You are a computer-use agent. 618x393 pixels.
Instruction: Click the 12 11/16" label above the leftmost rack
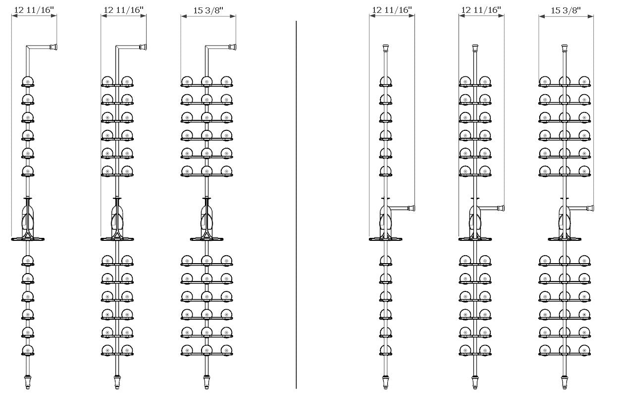pos(34,10)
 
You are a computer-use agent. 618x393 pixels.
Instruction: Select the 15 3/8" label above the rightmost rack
pos(566,10)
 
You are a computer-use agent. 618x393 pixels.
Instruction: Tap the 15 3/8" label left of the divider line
pos(208,10)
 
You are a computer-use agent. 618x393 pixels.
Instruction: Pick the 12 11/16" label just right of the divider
pos(392,10)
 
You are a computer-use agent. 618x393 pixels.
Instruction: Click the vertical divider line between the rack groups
pos(296,204)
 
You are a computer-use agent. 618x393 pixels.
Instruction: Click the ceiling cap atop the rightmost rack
pos(565,48)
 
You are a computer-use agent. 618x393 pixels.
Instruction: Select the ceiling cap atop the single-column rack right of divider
pos(386,48)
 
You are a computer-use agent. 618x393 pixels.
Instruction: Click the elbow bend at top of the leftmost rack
pos(28,48)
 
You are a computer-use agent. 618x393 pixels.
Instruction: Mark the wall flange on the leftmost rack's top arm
pos(53,47)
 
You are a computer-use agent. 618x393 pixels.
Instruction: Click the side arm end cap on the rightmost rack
pos(590,208)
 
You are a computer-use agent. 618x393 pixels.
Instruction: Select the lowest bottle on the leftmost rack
pos(28,350)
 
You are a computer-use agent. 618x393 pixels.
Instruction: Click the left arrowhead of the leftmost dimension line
pos(14,16)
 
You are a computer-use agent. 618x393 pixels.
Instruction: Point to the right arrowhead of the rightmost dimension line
pos(591,16)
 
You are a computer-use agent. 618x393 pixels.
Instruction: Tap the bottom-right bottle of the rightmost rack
pos(584,350)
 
